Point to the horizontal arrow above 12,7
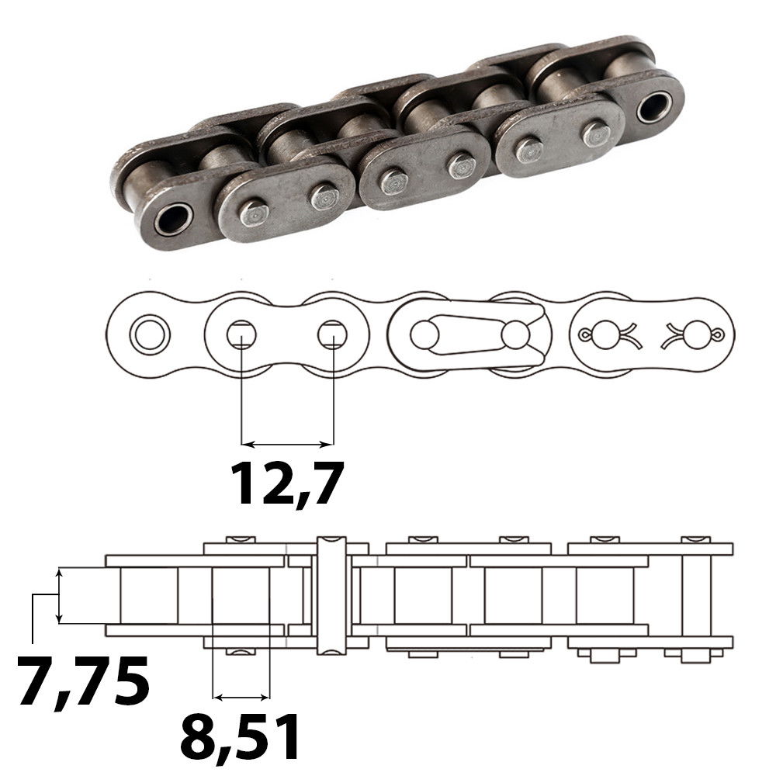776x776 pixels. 287,445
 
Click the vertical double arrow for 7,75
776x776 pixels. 59,595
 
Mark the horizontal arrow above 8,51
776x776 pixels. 241,694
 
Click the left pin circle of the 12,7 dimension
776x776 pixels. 241,334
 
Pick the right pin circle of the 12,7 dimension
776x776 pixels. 332,334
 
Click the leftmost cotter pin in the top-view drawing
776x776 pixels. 608,335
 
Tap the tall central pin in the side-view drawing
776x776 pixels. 331,594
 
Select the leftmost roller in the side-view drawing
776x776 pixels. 149,594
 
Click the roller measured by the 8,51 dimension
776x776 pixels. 241,594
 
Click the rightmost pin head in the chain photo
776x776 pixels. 596,133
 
